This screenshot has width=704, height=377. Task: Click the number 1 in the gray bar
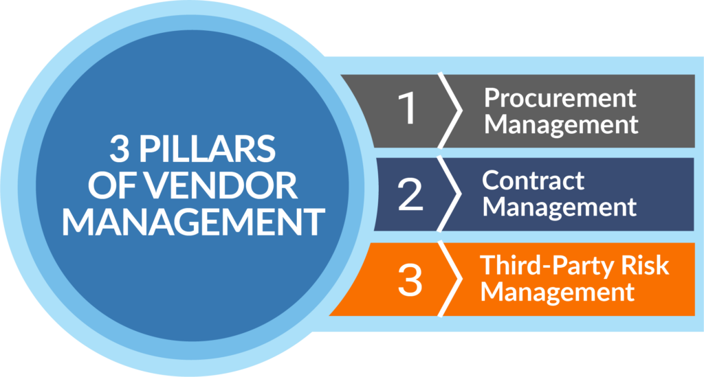(x=409, y=109)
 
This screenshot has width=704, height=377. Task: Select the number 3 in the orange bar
(x=410, y=280)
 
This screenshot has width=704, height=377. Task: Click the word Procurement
(x=560, y=98)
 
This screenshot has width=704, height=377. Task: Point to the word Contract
(x=533, y=181)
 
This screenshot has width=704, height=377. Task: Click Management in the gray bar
(x=561, y=124)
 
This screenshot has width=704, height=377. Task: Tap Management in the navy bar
(x=560, y=206)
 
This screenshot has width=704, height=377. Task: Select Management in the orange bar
(x=558, y=291)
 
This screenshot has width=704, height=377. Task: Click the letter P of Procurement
(x=493, y=98)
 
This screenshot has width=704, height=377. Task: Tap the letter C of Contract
(x=489, y=181)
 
